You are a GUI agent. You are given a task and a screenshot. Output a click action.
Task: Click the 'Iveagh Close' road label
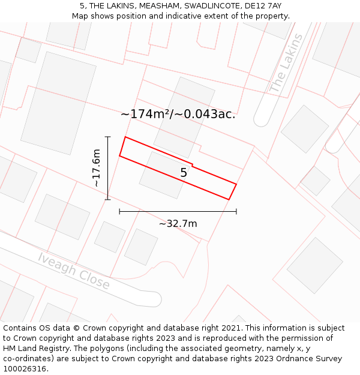coord(74,271)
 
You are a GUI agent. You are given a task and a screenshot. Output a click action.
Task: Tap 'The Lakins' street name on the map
coord(287,63)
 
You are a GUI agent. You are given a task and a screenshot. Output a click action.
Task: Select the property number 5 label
coord(184,173)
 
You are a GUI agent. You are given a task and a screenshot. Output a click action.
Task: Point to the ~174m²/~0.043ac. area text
coord(178,114)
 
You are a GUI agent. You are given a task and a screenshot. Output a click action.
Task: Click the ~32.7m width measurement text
coord(178,224)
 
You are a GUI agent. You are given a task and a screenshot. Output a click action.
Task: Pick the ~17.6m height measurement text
coord(97,169)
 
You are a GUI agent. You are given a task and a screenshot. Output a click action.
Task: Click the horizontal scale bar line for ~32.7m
coord(178,211)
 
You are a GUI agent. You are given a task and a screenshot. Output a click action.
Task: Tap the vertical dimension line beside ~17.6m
coord(108,168)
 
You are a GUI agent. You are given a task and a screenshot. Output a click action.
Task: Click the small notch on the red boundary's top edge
coord(192,164)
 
